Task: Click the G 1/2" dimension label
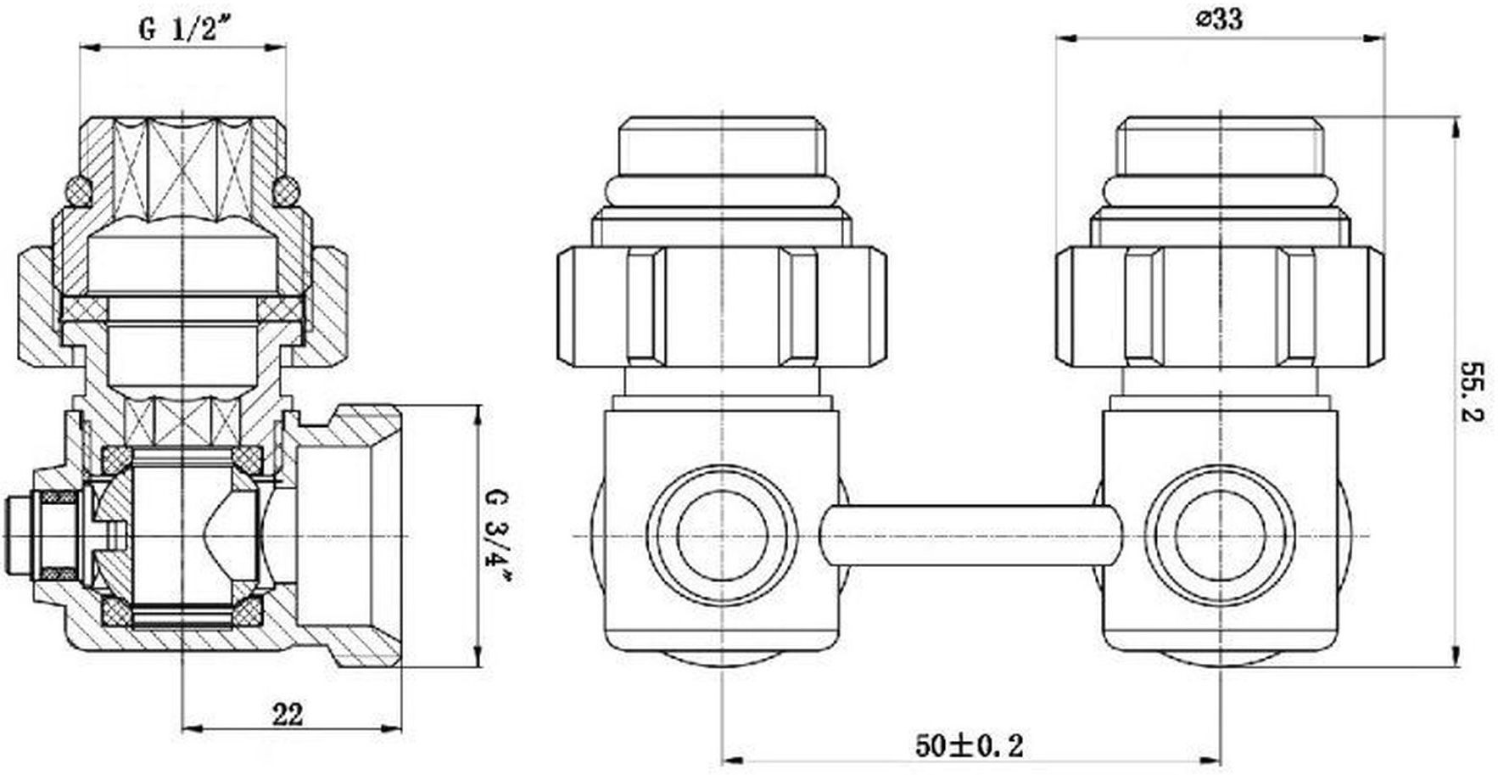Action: (185, 30)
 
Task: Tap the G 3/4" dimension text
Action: (500, 535)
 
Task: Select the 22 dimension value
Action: (287, 714)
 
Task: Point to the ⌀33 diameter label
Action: (1220, 20)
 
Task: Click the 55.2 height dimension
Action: (1473, 393)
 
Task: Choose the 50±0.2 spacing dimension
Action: (969, 746)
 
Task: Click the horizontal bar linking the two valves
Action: (970, 536)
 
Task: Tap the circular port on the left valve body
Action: (722, 535)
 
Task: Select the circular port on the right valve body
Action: (1219, 535)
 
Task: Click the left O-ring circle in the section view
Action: (78, 190)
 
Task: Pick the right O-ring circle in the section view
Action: (286, 190)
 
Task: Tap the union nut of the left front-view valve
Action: (722, 306)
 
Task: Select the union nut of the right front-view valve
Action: (1219, 306)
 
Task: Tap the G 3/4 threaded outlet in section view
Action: (356, 535)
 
